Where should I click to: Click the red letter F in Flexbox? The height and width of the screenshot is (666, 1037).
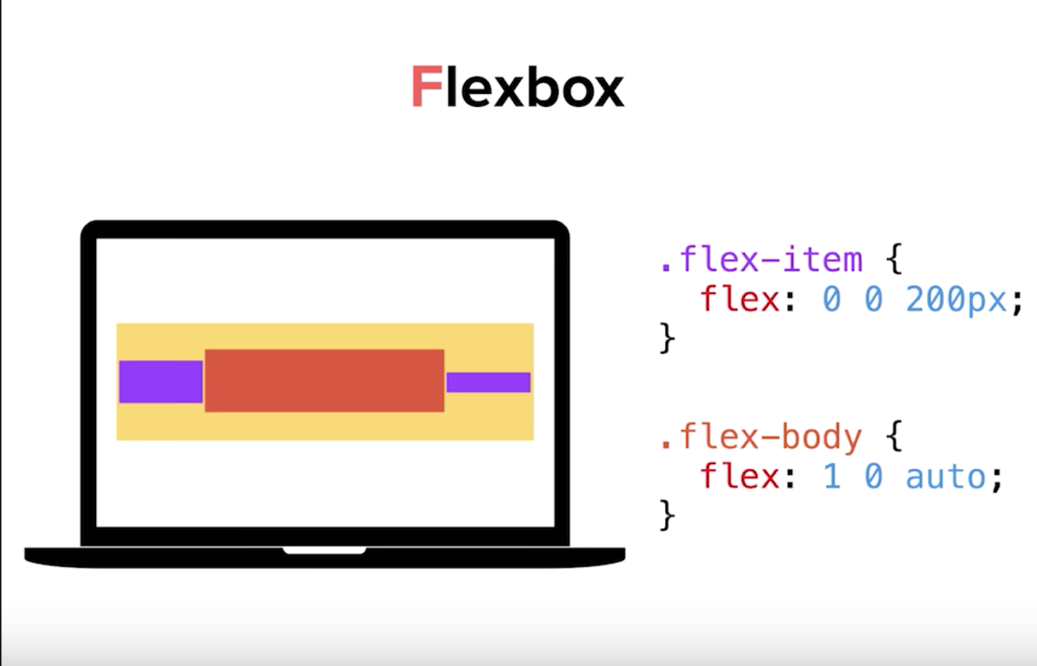coord(426,88)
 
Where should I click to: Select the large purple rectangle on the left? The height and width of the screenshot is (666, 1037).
coord(161,381)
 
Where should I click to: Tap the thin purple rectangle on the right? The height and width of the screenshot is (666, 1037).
coord(488,382)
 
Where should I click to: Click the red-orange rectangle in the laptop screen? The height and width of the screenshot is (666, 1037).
coord(324,381)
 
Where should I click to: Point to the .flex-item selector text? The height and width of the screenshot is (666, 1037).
coord(761,260)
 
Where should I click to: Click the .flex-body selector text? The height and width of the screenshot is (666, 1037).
coord(761,438)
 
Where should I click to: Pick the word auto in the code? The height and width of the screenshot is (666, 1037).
coord(946,476)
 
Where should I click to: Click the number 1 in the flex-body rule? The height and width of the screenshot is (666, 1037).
coord(832,476)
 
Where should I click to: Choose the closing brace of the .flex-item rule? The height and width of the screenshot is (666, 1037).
coord(667,338)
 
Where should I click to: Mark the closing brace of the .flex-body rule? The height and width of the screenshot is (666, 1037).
coord(667,515)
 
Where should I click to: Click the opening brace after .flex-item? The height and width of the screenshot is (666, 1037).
coord(894,260)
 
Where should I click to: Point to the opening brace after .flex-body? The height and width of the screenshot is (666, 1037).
coord(894,438)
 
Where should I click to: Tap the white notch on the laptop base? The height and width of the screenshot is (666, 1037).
coord(324,550)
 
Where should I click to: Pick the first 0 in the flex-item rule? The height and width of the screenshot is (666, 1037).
coord(832,299)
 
